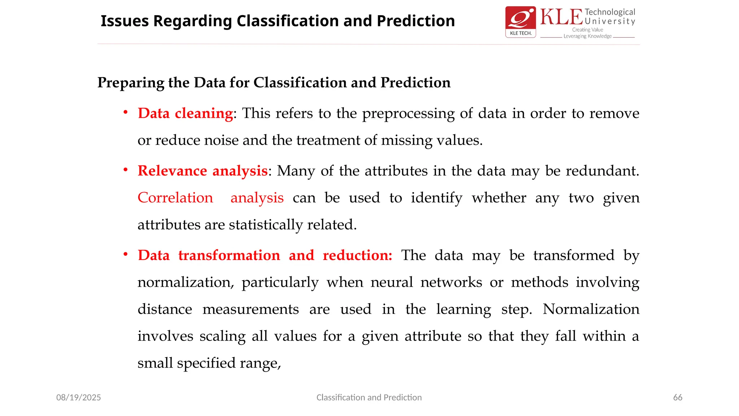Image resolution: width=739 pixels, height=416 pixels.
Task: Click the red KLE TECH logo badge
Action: pos(520,22)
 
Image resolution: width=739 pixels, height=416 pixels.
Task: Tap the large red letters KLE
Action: pos(561,17)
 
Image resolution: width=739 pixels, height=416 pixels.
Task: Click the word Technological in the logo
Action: pos(610,12)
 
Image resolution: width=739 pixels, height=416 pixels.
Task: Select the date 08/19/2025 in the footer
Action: pos(79,398)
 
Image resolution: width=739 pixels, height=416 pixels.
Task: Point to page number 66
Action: pos(678,398)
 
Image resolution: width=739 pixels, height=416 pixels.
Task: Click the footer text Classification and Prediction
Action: pos(369,398)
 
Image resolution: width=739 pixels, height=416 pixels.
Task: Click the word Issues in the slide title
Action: pos(124,21)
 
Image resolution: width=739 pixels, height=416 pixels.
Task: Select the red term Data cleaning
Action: pos(185,113)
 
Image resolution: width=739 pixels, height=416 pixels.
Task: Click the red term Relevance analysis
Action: pos(203,171)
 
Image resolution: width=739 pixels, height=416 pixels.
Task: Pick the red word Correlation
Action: pos(175,198)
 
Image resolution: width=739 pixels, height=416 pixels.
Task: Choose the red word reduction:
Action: pos(357,255)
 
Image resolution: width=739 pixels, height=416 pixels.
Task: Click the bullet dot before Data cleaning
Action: pos(126,112)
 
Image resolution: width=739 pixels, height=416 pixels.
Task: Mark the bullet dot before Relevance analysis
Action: pos(126,170)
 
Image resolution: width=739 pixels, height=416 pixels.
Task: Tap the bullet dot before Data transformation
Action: pos(126,254)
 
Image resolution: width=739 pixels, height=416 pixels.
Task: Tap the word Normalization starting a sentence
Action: pos(591,309)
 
